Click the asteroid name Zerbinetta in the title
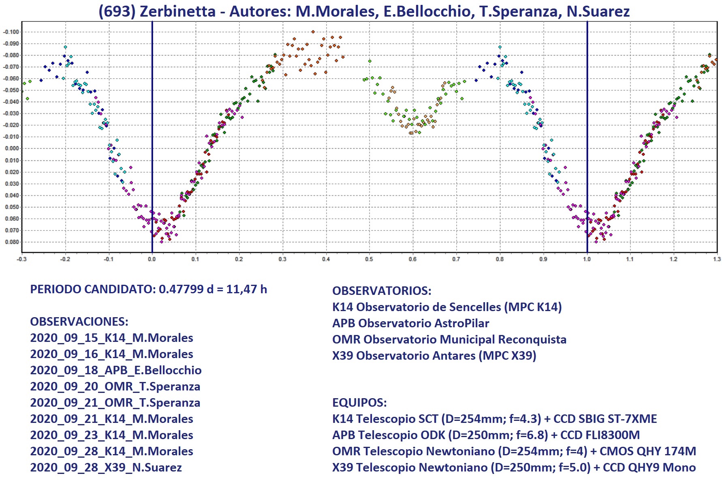[177, 11]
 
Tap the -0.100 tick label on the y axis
[11, 32]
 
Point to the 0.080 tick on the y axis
[12, 242]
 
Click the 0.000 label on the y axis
[12, 149]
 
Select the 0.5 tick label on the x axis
[369, 259]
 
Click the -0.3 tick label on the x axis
[21, 259]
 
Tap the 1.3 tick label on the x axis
[717, 259]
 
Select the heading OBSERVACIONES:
[79, 322]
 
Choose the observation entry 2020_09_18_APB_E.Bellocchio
[115, 370]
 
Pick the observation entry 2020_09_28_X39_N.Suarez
[106, 467]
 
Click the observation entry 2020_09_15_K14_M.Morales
[111, 338]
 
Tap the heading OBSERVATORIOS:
[382, 291]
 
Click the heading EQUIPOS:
[359, 403]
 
